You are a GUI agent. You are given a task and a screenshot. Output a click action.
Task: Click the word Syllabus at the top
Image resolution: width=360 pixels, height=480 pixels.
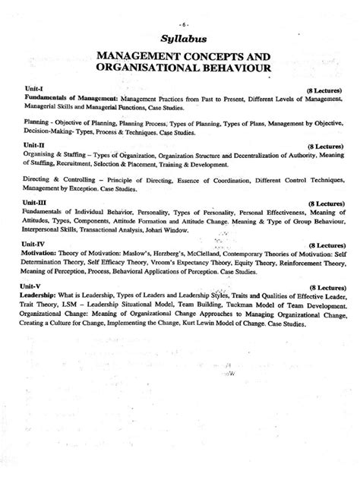tap(179, 38)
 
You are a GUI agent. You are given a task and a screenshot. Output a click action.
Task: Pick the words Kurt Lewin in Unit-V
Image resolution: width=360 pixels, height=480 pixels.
tap(225, 324)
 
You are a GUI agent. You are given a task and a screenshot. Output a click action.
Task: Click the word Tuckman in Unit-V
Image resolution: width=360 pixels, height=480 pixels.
tap(240, 306)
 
